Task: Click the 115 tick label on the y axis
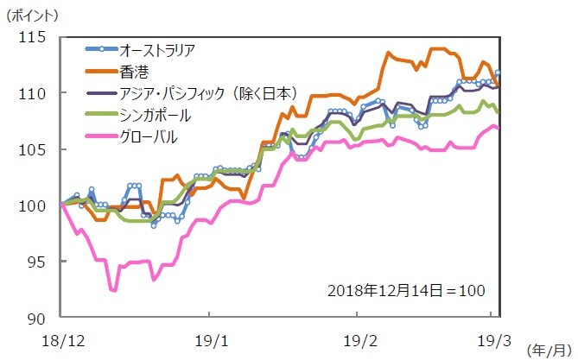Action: (34, 37)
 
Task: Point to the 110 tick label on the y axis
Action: (34, 93)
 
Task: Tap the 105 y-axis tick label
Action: (34, 149)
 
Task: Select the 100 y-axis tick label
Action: (34, 205)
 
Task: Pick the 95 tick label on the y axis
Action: (38, 262)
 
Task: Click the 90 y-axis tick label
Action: (38, 319)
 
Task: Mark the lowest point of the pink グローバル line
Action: (113, 291)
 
